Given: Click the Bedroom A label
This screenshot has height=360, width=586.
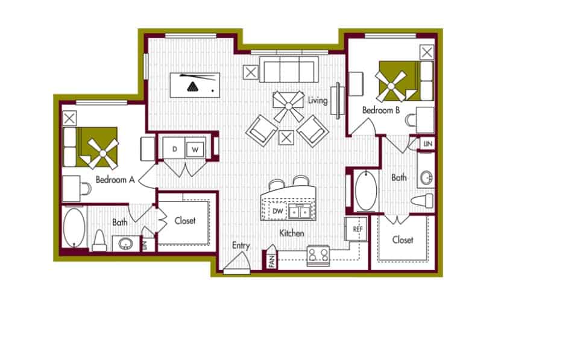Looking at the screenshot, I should [114, 179].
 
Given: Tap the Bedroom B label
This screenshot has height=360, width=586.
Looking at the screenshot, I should [381, 110].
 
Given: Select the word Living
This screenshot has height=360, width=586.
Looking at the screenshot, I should [317, 100].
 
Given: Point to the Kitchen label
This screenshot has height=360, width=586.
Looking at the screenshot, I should [291, 233].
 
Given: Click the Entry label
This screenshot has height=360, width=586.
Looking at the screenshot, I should [241, 245].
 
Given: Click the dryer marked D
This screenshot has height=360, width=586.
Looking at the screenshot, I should [174, 148].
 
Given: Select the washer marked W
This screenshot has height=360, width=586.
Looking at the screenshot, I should [195, 148].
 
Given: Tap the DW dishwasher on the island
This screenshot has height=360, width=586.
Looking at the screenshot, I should [277, 211].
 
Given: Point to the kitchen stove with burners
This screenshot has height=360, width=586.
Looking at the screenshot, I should [318, 256].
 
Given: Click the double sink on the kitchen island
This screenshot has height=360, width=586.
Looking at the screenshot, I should [299, 211].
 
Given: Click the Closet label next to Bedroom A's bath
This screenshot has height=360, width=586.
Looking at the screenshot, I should [185, 221].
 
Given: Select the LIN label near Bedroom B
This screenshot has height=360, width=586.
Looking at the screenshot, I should [427, 144].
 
